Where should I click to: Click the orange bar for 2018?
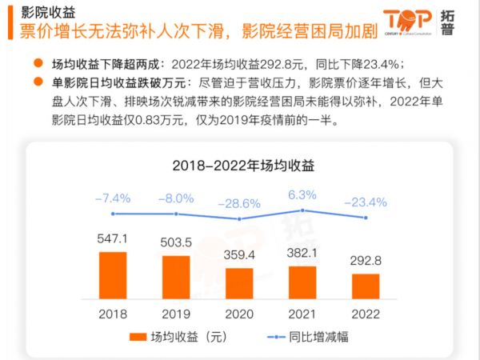[113, 275]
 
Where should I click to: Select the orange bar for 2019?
[176, 278]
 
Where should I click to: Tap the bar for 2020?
[239, 283]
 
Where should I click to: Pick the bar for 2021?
[302, 282]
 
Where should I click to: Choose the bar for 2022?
[366, 286]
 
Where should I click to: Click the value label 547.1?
[113, 238]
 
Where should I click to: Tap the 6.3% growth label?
[302, 194]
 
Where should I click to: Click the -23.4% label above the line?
[366, 202]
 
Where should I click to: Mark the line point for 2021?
[302, 210]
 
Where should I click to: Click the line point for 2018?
[113, 214]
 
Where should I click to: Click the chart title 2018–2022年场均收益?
[239, 166]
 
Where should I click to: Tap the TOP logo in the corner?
[408, 22]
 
